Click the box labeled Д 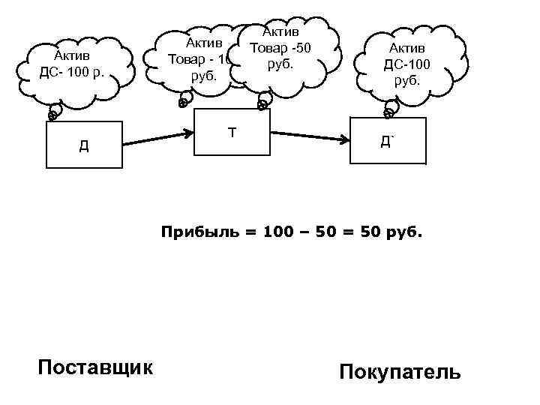pyautogui.click(x=83, y=144)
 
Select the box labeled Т pyautogui.click(x=232, y=133)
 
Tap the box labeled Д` pyautogui.click(x=388, y=141)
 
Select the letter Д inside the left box pyautogui.click(x=83, y=145)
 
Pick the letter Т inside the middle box pyautogui.click(x=232, y=133)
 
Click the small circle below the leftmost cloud pyautogui.click(x=53, y=115)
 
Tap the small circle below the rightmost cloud pyautogui.click(x=388, y=113)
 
